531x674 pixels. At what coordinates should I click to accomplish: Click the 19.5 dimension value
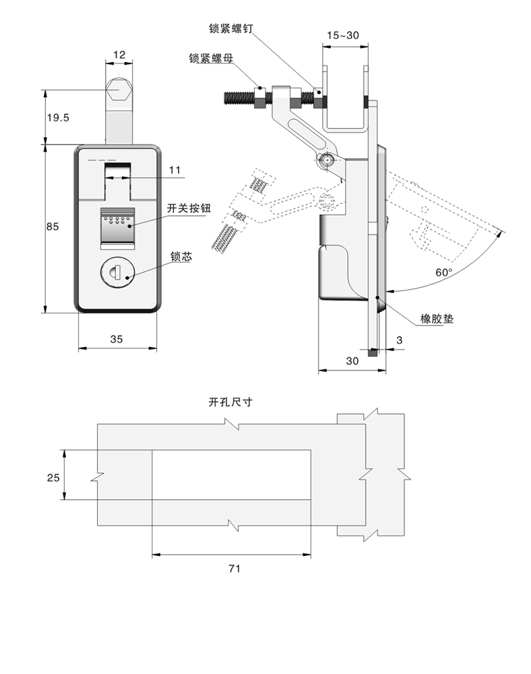point(57,117)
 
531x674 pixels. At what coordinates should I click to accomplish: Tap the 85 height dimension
point(53,226)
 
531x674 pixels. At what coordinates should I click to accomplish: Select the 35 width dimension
point(116,340)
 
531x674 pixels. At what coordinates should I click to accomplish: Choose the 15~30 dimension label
point(343,35)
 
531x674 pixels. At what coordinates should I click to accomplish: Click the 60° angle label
point(443,272)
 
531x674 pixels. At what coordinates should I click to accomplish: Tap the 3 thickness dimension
point(399,340)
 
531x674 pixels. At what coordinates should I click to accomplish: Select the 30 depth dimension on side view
point(352,361)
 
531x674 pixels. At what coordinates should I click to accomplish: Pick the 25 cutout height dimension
point(53,477)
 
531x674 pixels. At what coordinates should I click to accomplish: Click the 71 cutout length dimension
point(233,568)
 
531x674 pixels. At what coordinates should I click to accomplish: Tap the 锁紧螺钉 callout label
point(230,28)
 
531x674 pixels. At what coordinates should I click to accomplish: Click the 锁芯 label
point(181,256)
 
